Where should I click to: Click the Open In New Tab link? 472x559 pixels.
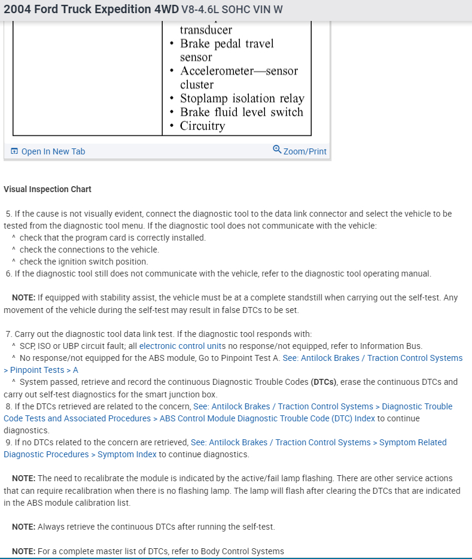[x=53, y=151]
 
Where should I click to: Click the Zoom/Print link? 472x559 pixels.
[x=304, y=151]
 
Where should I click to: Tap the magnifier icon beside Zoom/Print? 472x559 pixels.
[x=277, y=150]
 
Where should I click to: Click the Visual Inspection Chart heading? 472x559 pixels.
[x=47, y=189]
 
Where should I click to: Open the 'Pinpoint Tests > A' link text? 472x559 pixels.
[x=44, y=370]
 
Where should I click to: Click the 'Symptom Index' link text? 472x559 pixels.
[x=127, y=454]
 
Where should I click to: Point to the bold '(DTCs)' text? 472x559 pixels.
[x=324, y=382]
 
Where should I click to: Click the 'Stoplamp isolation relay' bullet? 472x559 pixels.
[x=242, y=98]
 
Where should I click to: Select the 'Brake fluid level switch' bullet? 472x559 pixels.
[x=241, y=112]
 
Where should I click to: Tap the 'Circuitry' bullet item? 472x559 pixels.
[x=202, y=126]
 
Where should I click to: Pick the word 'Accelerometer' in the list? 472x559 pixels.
[x=217, y=71]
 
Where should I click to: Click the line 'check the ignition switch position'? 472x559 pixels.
[x=83, y=262]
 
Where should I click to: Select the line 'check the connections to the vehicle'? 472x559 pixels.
[x=89, y=250]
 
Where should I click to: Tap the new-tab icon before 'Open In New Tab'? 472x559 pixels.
[x=15, y=151]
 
